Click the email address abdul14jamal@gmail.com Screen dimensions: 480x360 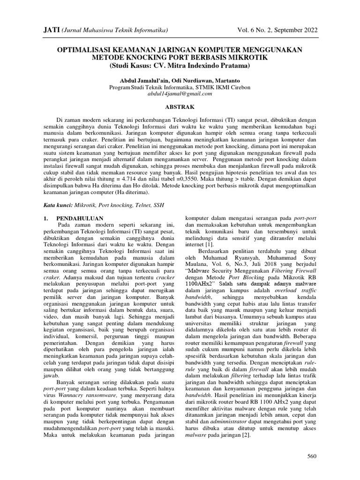(180, 93)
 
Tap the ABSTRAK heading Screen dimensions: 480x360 (180, 107)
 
